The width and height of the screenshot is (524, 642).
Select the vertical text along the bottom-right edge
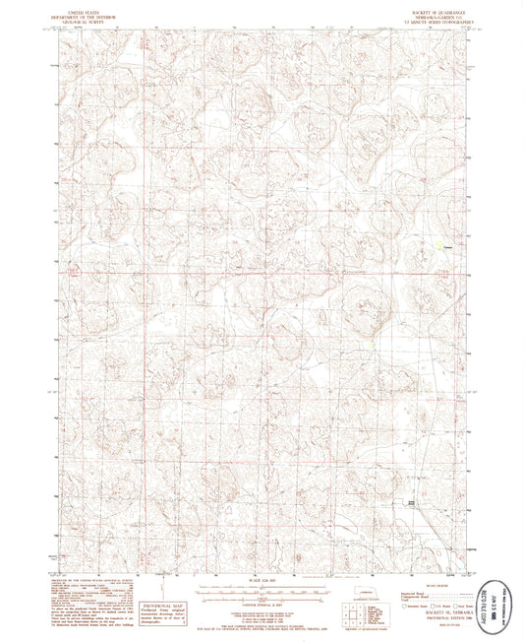(x=507, y=592)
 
